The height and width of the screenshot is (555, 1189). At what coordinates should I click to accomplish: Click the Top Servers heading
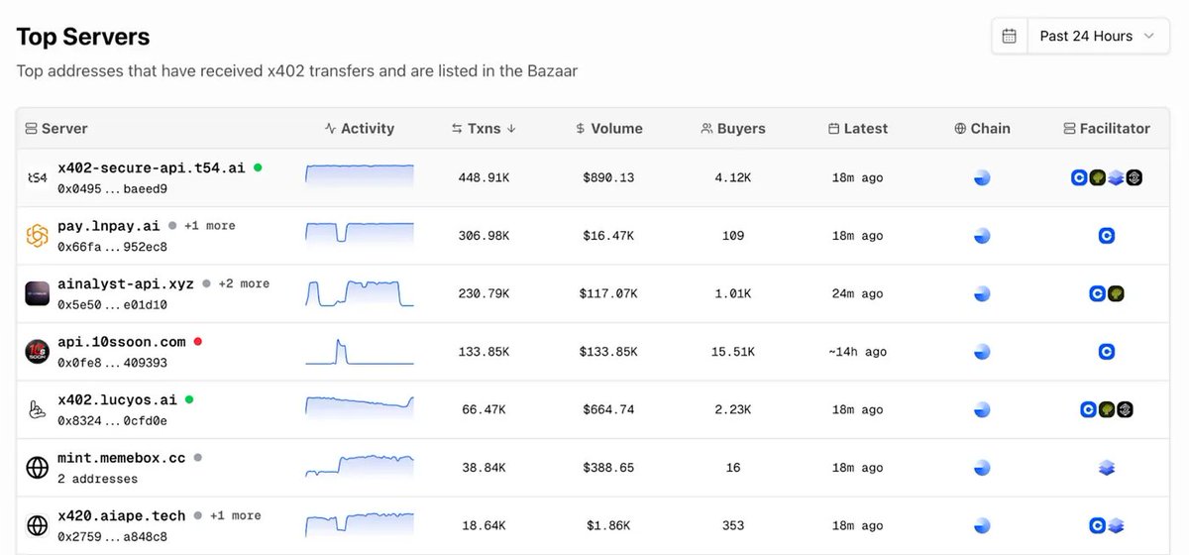point(83,37)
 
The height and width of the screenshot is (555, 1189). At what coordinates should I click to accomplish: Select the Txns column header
point(484,128)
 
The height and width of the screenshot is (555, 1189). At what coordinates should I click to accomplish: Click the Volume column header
point(608,128)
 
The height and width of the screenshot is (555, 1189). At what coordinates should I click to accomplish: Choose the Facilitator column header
point(1107,128)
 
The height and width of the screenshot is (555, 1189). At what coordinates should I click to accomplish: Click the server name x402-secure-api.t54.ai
point(151,167)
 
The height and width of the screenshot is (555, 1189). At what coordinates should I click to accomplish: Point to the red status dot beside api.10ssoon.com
point(198,342)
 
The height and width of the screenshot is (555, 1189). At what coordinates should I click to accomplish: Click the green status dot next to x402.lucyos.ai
point(189,399)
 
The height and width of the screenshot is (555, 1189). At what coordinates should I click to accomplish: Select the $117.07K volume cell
point(608,293)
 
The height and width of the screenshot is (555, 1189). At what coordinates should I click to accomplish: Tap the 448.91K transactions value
point(484,177)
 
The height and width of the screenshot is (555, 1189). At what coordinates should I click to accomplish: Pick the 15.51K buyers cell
point(732,351)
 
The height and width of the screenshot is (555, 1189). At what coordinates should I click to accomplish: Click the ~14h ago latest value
point(858,351)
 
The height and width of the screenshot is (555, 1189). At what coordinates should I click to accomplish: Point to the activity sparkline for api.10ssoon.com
point(359,352)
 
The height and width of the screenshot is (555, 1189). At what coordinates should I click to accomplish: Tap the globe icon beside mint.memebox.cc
point(38,468)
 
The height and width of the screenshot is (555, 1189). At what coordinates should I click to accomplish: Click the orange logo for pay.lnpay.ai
point(38,236)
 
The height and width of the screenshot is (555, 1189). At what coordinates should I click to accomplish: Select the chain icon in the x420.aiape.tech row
point(982,525)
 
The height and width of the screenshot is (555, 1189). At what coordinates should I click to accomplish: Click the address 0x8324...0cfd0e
point(112,420)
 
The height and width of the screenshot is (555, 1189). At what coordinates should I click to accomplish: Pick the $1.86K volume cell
point(608,525)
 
